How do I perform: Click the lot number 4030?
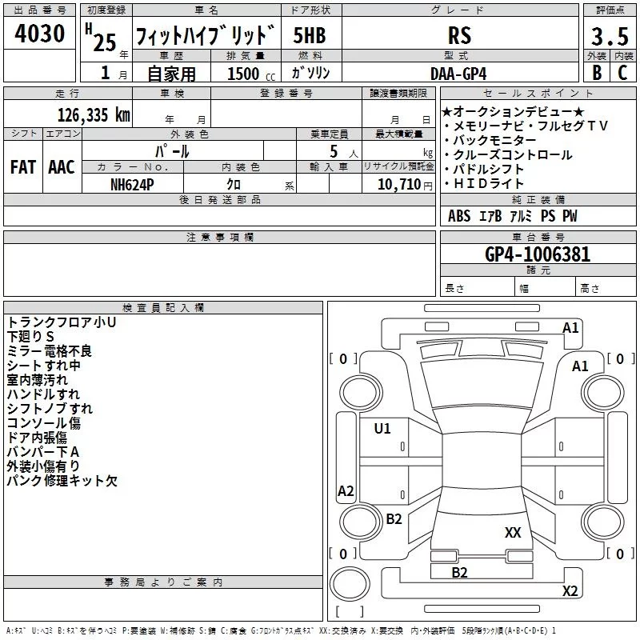(39, 35)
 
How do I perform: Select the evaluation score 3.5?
(610, 37)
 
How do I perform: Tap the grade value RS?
(459, 35)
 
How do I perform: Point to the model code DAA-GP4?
(458, 73)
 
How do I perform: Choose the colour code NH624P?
(134, 184)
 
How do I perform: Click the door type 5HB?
(309, 35)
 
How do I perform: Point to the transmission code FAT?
(22, 167)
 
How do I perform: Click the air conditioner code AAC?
(61, 167)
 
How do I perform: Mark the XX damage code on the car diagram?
(513, 532)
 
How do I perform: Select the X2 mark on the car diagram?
(570, 590)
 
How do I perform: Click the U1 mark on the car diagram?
(382, 429)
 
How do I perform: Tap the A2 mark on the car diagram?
(346, 491)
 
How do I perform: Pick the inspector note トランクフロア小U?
(62, 322)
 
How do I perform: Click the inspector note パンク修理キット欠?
(62, 481)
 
